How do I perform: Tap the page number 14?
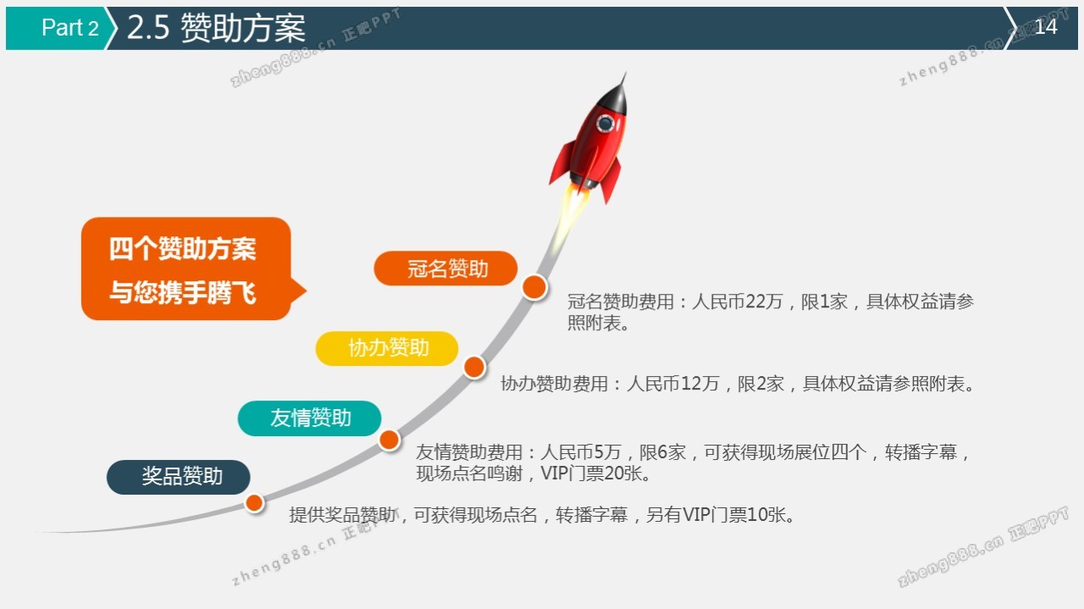pyautogui.click(x=1046, y=26)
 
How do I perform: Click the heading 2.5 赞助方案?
pyautogui.click(x=216, y=28)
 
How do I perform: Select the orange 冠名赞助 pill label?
pyautogui.click(x=445, y=269)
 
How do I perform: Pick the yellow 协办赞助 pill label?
pyautogui.click(x=387, y=348)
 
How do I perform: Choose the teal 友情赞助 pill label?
pyautogui.click(x=309, y=418)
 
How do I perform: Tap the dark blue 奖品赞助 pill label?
pyautogui.click(x=179, y=477)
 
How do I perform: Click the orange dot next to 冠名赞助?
pyautogui.click(x=534, y=287)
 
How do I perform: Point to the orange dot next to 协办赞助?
pyautogui.click(x=474, y=367)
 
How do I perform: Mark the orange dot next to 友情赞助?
pyautogui.click(x=389, y=440)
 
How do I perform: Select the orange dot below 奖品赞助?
pyautogui.click(x=255, y=503)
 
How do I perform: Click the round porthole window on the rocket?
pyautogui.click(x=606, y=124)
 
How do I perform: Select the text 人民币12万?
pyautogui.click(x=673, y=384)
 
